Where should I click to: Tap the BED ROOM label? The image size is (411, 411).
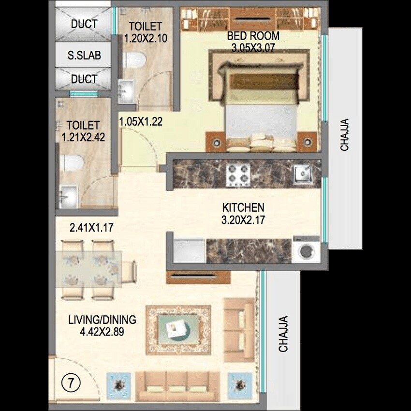[x=254, y=36]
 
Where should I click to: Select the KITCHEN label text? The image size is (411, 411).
[x=243, y=208]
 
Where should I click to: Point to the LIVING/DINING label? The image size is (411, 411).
[x=102, y=320]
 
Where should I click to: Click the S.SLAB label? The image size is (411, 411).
[x=84, y=56]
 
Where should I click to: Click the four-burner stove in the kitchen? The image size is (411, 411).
[x=238, y=175]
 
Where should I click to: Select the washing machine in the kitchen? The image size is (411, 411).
[x=306, y=250]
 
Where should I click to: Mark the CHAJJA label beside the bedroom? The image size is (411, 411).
[x=344, y=135]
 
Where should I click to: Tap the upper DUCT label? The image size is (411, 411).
[x=84, y=24]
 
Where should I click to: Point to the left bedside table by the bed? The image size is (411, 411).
[x=216, y=142]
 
